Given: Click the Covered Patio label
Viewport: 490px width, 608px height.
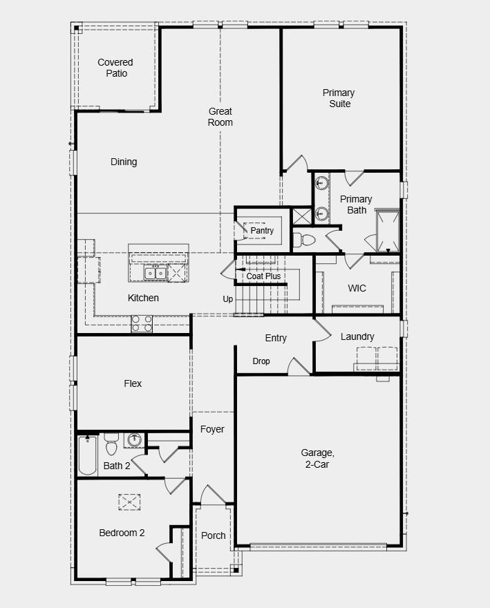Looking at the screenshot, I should pyautogui.click(x=115, y=68).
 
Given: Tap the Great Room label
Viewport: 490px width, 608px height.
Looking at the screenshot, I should pyautogui.click(x=220, y=117).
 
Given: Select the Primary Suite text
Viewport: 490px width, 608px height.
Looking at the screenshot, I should pyautogui.click(x=339, y=98).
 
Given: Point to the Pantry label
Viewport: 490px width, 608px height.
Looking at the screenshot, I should pyautogui.click(x=262, y=231).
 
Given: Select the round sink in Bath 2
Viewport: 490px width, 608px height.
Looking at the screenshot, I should pyautogui.click(x=135, y=440).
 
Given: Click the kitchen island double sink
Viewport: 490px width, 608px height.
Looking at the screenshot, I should pyautogui.click(x=155, y=274).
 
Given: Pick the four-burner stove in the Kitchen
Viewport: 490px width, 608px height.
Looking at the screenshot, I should pyautogui.click(x=142, y=323).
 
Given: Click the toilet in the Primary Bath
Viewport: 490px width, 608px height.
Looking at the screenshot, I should pyautogui.click(x=303, y=240).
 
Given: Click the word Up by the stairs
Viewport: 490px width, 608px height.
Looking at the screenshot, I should pyautogui.click(x=228, y=299).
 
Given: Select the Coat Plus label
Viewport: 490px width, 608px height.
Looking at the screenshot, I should pyautogui.click(x=264, y=276).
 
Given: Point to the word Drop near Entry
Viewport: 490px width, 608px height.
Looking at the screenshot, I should pyautogui.click(x=261, y=361).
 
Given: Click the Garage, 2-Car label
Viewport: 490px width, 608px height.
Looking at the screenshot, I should pyautogui.click(x=317, y=459).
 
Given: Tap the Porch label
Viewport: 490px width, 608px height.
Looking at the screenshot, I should pyautogui.click(x=213, y=535).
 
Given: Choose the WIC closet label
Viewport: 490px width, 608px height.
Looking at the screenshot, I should pyautogui.click(x=357, y=288).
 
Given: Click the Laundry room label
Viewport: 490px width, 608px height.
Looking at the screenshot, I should pyautogui.click(x=357, y=336).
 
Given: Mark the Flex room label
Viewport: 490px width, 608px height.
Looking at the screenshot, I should pyautogui.click(x=133, y=383).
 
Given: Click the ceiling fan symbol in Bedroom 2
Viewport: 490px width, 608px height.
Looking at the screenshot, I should pyautogui.click(x=129, y=501).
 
